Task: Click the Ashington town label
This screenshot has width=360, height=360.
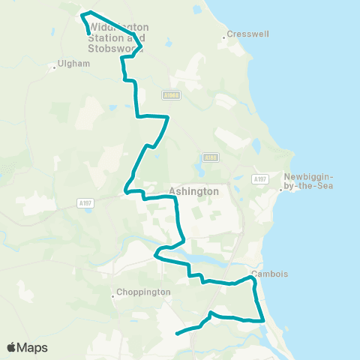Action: (x=194, y=191)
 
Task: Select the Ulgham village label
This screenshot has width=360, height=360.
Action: (x=74, y=64)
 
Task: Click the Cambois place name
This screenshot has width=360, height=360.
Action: (x=270, y=274)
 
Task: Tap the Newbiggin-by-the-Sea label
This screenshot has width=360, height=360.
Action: (x=310, y=181)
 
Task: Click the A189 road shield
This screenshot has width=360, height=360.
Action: (x=210, y=157)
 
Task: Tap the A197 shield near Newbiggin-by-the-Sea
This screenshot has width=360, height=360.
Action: (x=260, y=178)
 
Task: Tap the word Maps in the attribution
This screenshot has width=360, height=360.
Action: (x=33, y=348)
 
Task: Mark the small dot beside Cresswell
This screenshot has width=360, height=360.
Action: (x=224, y=35)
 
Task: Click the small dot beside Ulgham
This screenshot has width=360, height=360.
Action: (x=55, y=67)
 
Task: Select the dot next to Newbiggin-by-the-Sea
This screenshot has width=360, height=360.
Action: (x=280, y=189)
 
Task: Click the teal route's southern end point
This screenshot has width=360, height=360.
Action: (x=176, y=333)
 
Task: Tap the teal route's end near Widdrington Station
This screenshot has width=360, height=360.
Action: (x=90, y=34)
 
